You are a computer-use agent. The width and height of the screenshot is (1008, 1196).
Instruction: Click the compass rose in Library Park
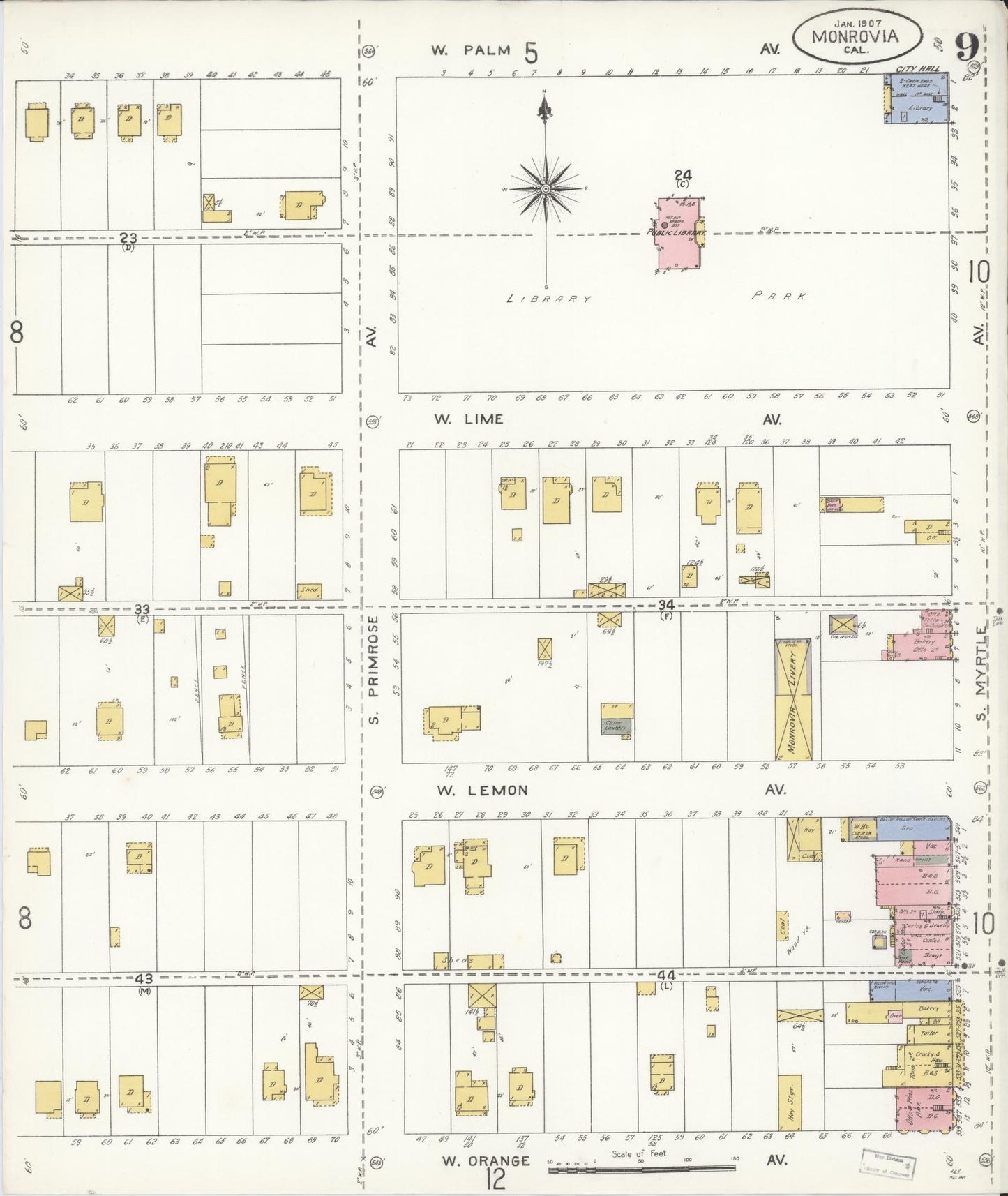[546, 188]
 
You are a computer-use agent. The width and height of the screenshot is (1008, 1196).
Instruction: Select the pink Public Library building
[680, 236]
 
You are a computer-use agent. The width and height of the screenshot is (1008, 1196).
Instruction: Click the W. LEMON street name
[482, 791]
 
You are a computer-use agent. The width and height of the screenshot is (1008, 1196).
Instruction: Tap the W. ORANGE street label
[486, 1160]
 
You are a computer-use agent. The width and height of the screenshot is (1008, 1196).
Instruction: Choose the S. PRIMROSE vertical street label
[373, 670]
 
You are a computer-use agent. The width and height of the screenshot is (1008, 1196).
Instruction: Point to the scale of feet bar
[642, 1167]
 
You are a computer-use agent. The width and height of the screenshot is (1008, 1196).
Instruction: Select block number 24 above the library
[682, 174]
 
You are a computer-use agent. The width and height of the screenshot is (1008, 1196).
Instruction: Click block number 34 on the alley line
[666, 605]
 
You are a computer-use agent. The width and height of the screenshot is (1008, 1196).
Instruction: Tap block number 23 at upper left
[128, 238]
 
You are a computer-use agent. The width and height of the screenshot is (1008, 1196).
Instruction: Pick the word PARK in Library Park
[779, 297]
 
